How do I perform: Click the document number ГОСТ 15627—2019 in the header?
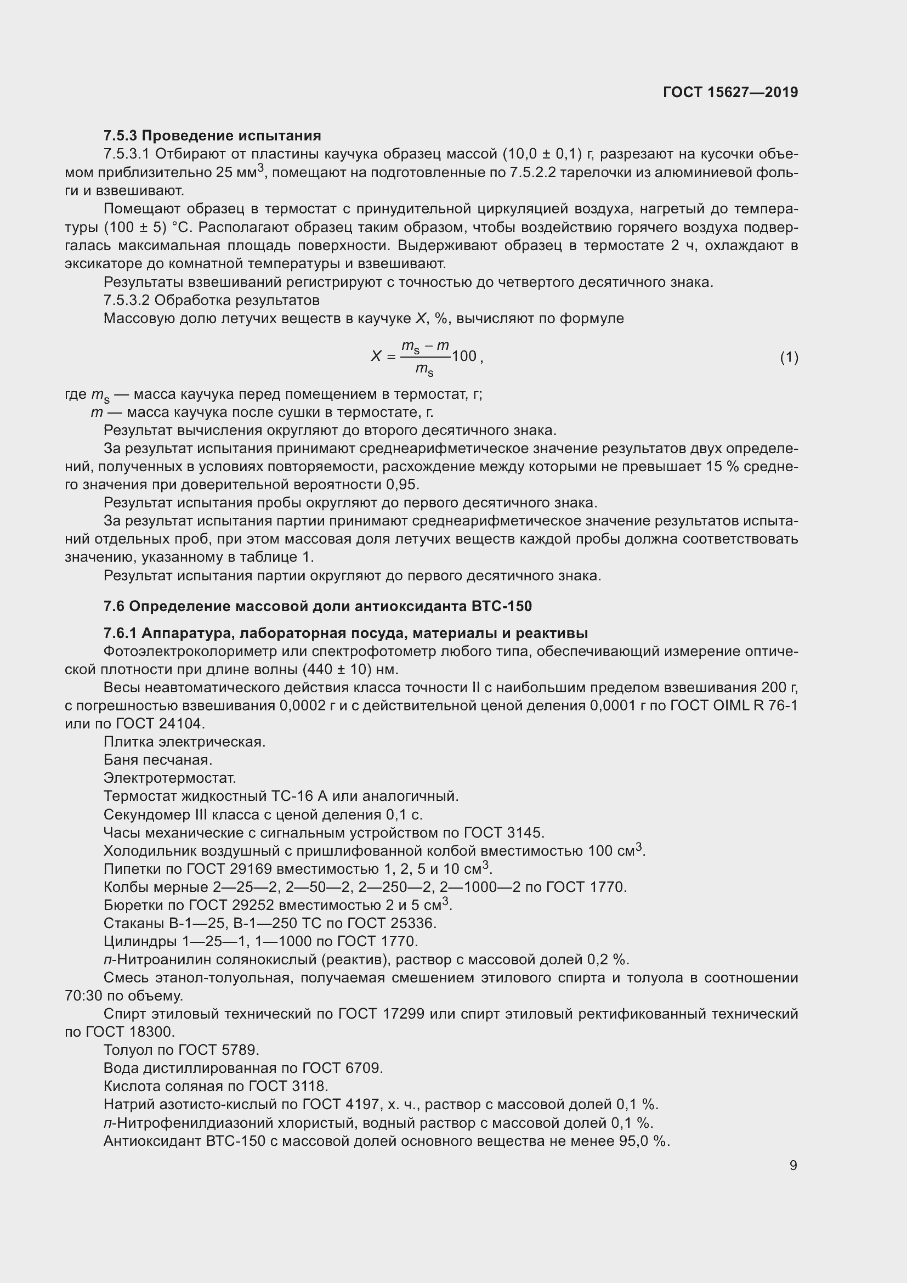tap(730, 92)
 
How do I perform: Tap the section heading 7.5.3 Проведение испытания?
tap(212, 136)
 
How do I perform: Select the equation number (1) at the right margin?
tap(789, 357)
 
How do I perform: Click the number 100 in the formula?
tap(463, 356)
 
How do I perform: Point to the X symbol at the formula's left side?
tap(376, 356)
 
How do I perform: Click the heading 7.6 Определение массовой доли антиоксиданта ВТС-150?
tap(317, 606)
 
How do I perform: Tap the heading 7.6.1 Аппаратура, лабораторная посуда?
tap(345, 633)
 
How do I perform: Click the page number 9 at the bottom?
tap(793, 1165)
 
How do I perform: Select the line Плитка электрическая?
tap(184, 742)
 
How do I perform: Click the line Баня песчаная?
tap(157, 759)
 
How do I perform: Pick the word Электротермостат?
tap(170, 778)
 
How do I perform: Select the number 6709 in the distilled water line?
tap(363, 1068)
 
